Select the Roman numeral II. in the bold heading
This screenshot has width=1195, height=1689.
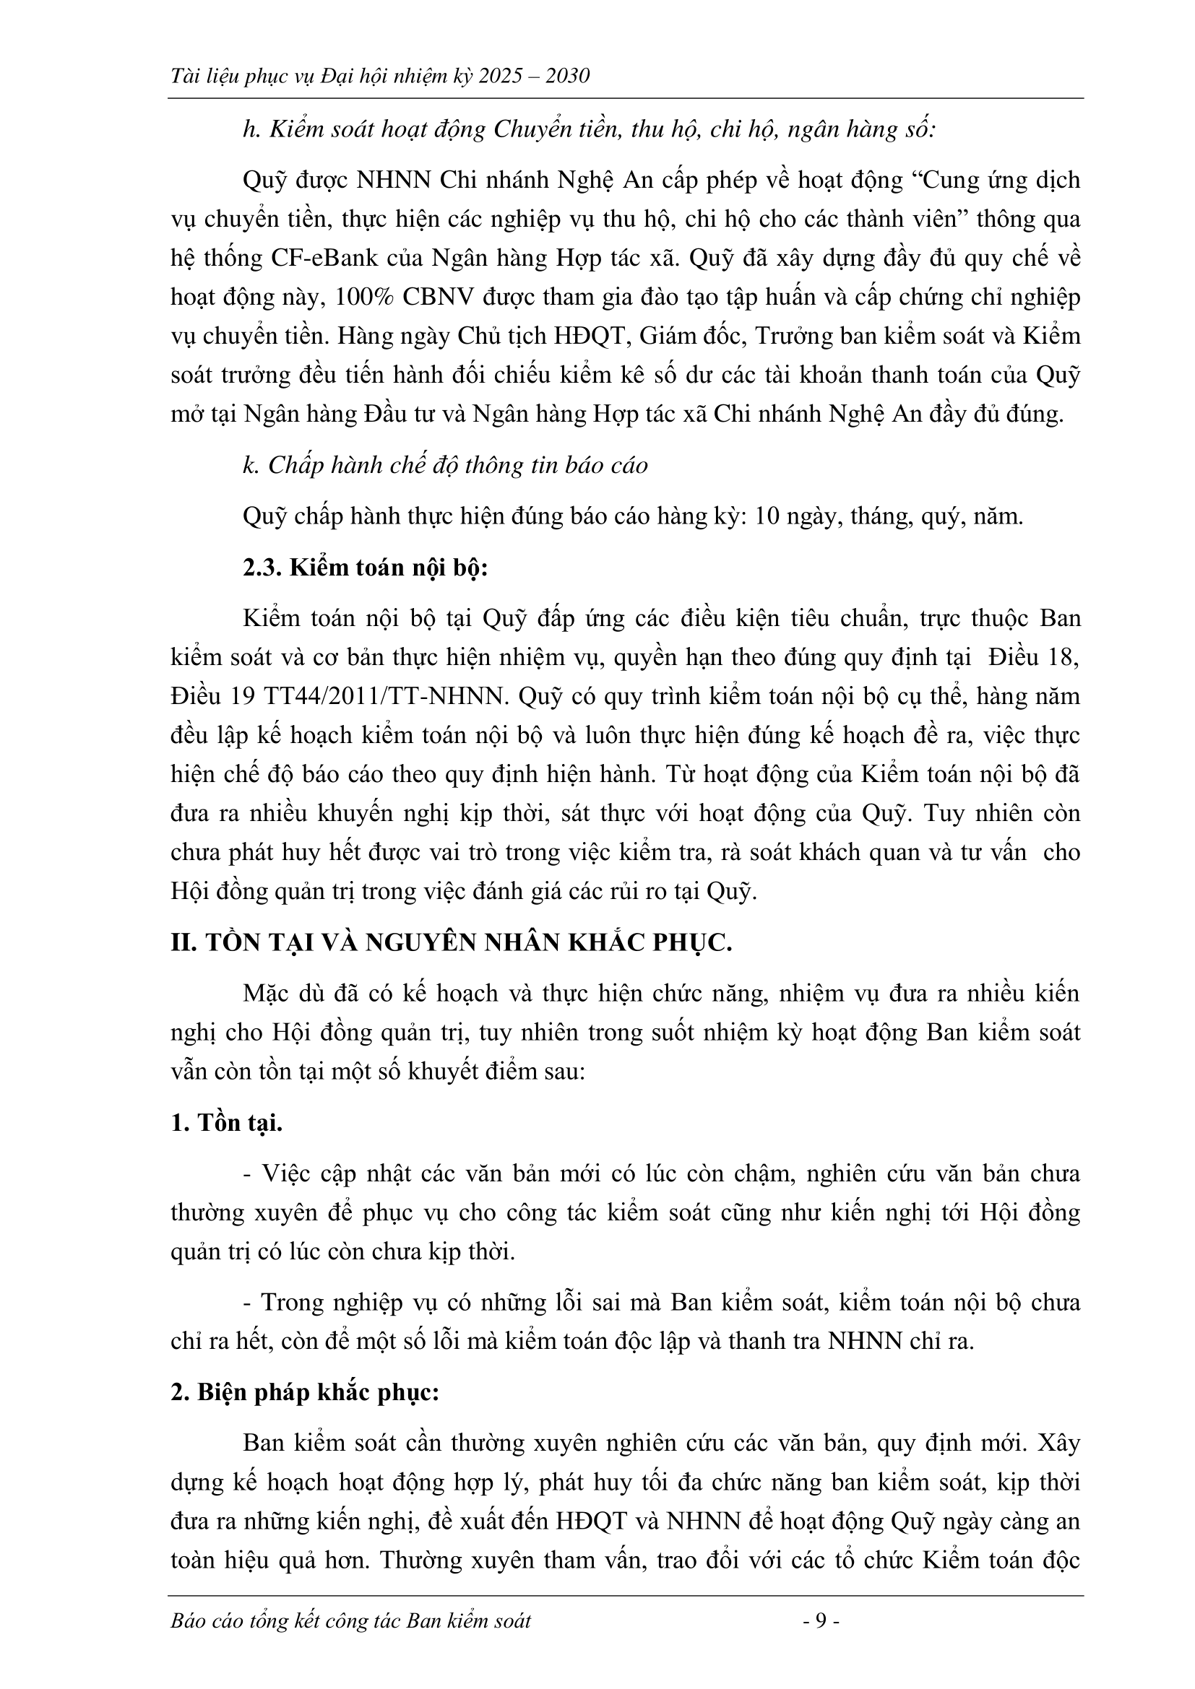coord(184,943)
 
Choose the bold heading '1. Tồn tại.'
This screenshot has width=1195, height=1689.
coord(227,1124)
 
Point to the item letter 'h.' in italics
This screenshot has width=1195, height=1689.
coord(251,129)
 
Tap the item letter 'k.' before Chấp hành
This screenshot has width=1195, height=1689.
coord(251,466)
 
